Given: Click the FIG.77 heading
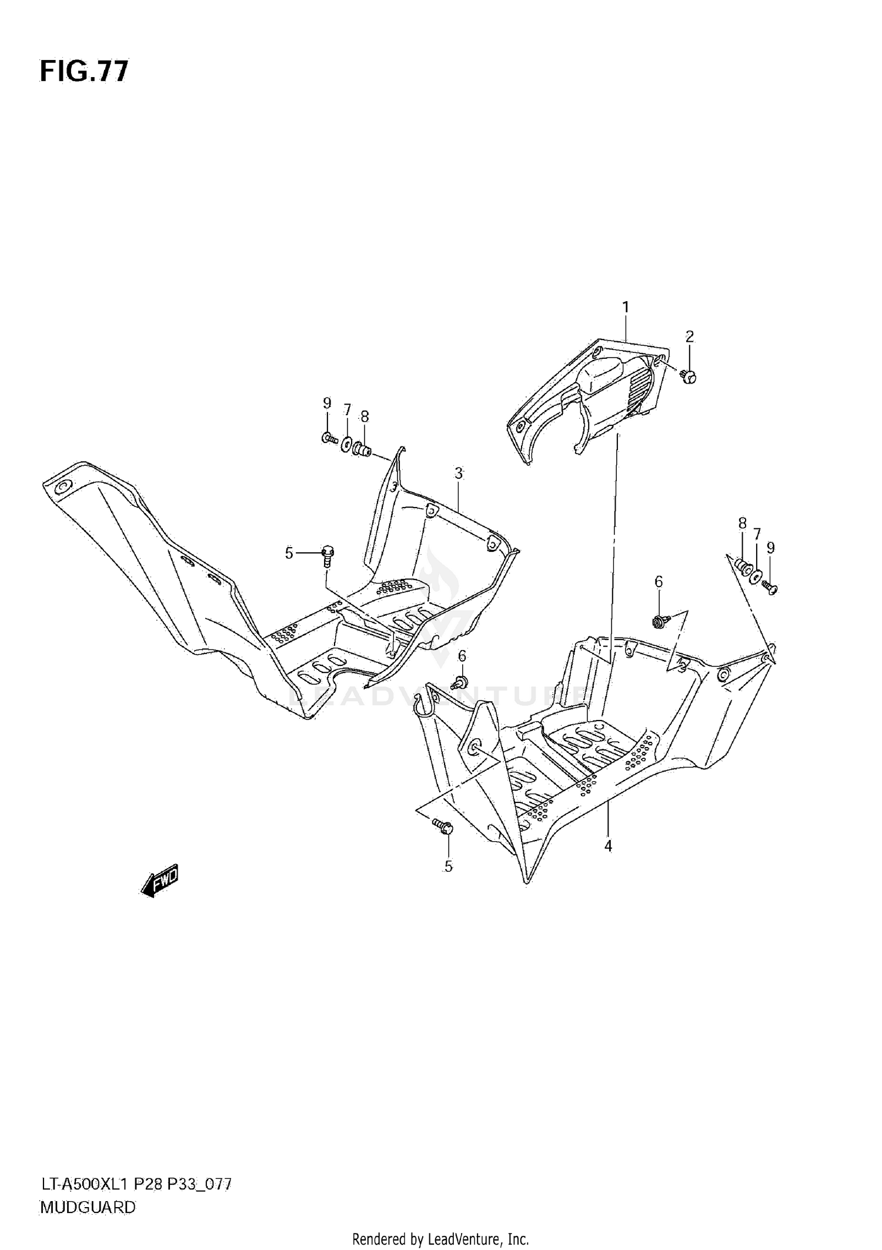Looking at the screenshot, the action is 83,72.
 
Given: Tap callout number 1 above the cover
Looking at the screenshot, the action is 626,307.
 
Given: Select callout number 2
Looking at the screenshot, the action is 689,336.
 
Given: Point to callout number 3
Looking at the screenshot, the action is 459,473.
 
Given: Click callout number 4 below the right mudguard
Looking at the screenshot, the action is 608,846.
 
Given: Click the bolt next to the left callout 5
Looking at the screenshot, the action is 328,554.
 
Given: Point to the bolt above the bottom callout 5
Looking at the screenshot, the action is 443,826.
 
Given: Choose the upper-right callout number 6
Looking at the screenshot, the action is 659,582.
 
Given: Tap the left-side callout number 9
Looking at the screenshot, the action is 327,404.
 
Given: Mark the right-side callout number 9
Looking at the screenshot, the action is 770,548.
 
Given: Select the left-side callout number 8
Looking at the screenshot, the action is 365,417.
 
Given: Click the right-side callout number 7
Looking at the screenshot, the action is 757,534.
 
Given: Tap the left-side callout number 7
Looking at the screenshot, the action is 347,410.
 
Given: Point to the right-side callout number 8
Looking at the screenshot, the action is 742,523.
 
